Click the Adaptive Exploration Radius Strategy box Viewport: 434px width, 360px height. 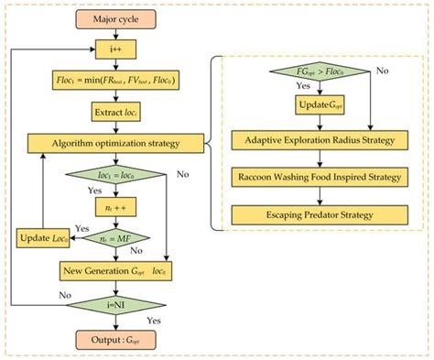click(x=319, y=140)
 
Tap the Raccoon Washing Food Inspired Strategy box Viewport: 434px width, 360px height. click(x=319, y=177)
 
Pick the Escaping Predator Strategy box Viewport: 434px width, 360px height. click(x=319, y=213)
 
